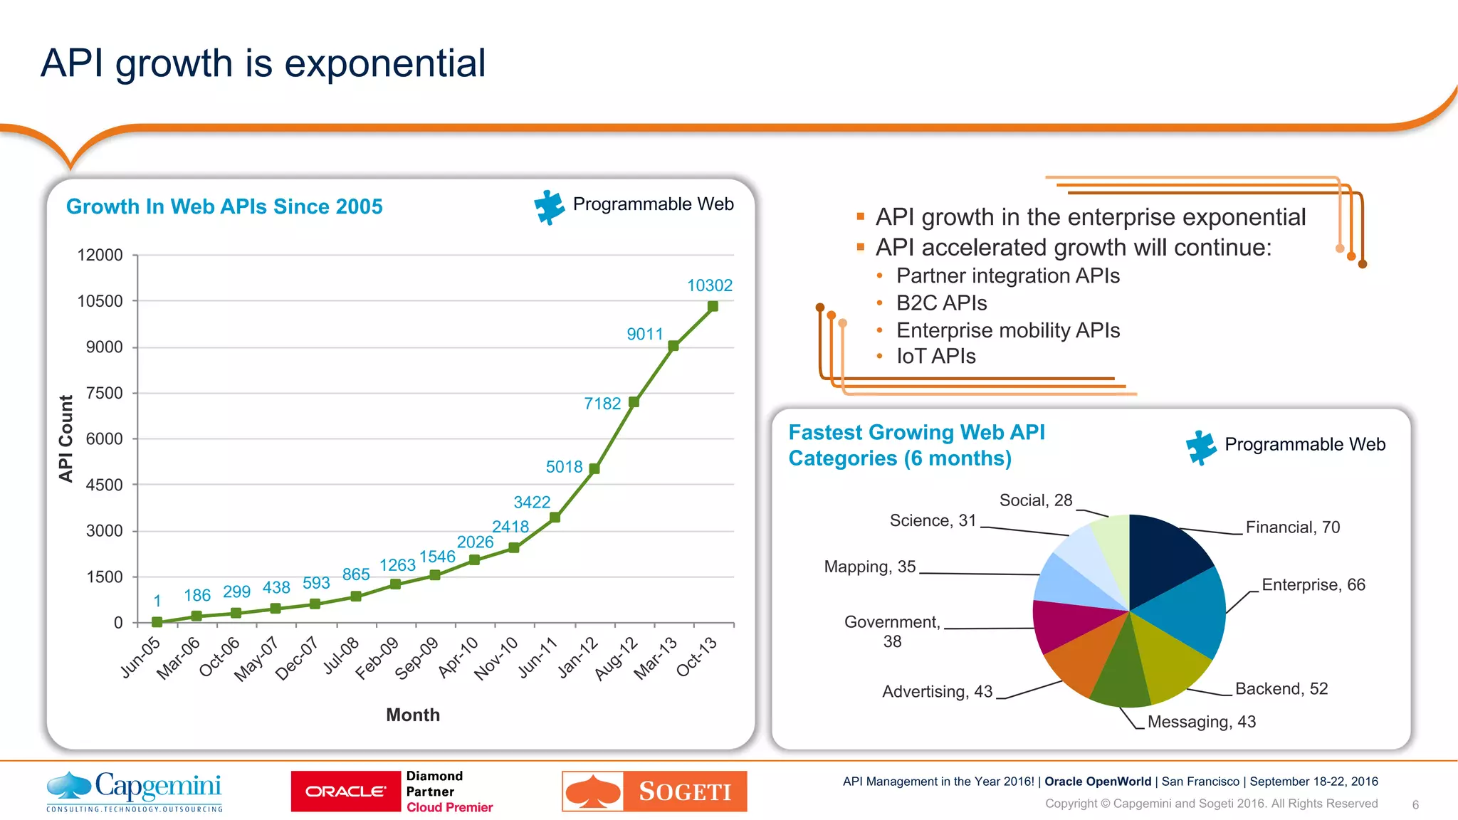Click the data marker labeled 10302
tap(713, 307)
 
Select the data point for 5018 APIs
tap(594, 469)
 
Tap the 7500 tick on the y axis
tap(104, 393)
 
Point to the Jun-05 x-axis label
tap(140, 657)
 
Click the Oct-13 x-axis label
tap(696, 656)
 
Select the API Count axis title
tap(66, 438)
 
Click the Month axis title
tap(413, 715)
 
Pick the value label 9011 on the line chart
tap(644, 334)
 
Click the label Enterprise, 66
tap(1313, 584)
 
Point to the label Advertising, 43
tap(937, 691)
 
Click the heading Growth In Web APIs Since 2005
tap(224, 206)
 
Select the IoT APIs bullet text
tap(935, 356)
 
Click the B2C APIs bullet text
tap(941, 303)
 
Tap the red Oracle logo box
tap(346, 791)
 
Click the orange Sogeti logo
tap(654, 791)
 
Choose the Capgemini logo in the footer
tap(135, 790)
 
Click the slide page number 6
tap(1415, 804)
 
